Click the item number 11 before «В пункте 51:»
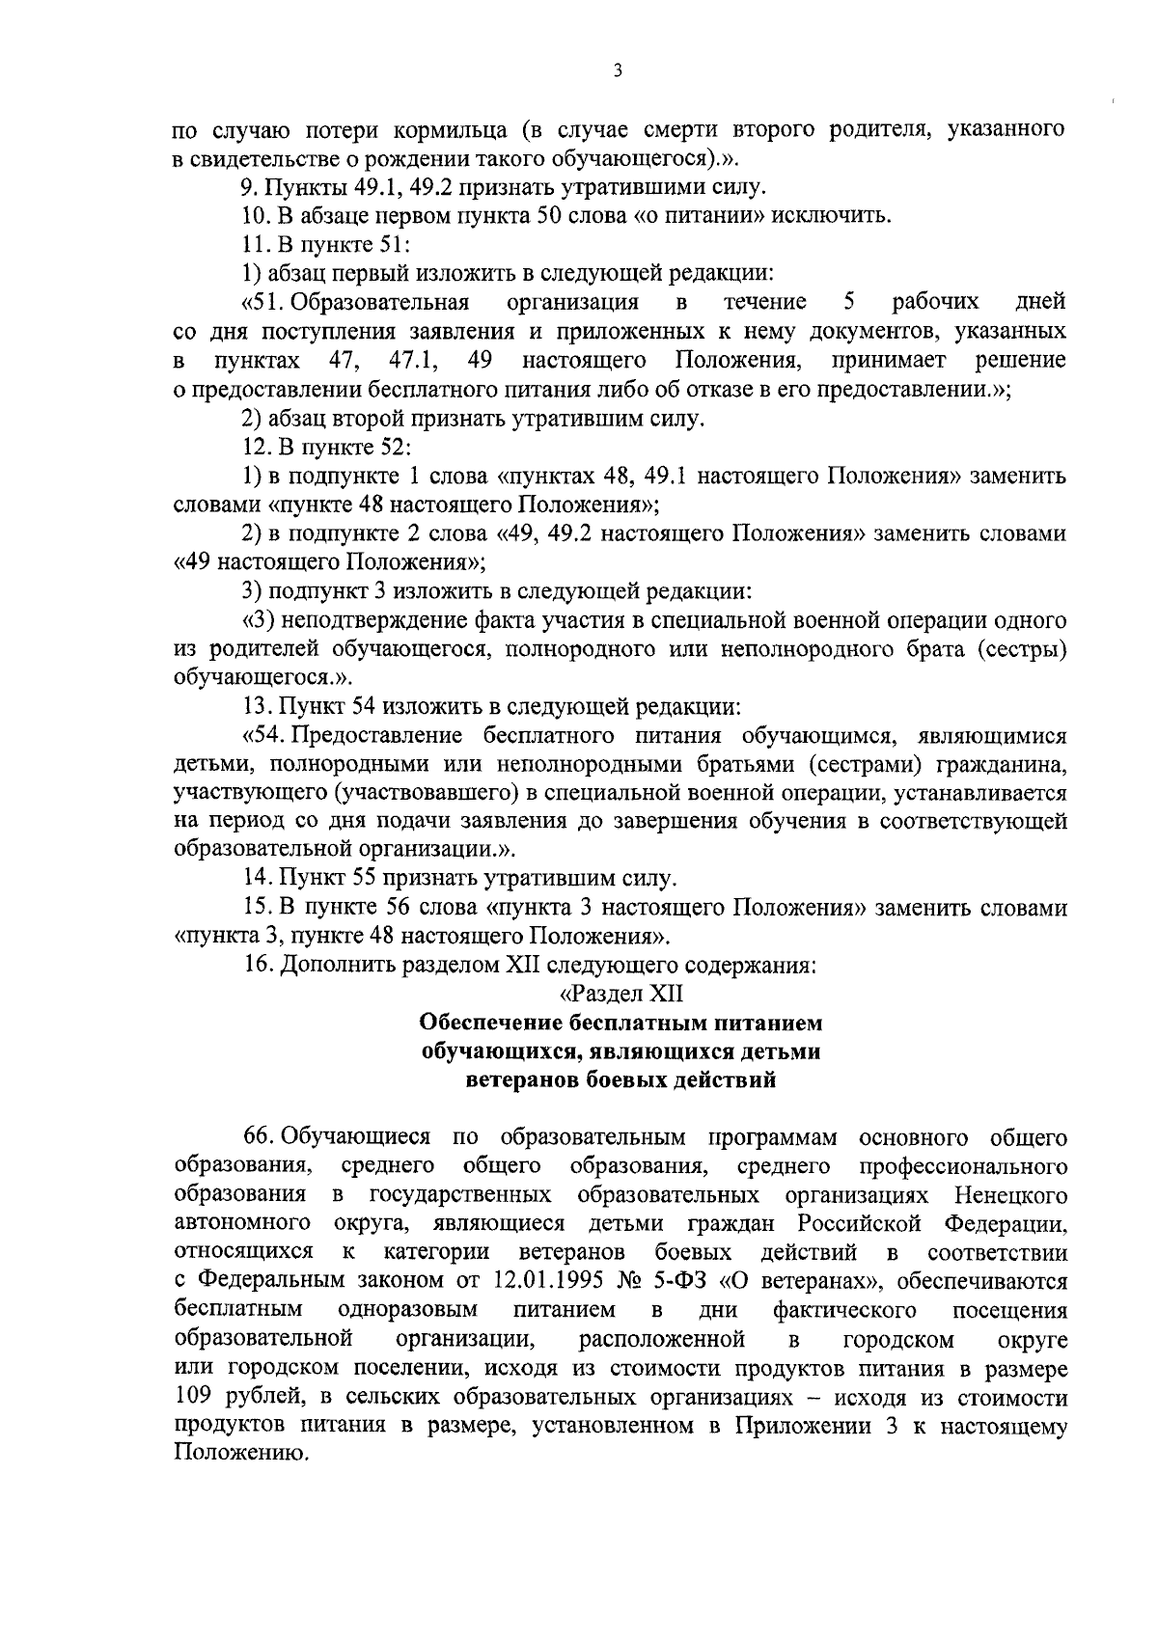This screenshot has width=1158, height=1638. click(x=255, y=244)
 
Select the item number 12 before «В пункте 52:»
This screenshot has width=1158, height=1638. click(x=255, y=447)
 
